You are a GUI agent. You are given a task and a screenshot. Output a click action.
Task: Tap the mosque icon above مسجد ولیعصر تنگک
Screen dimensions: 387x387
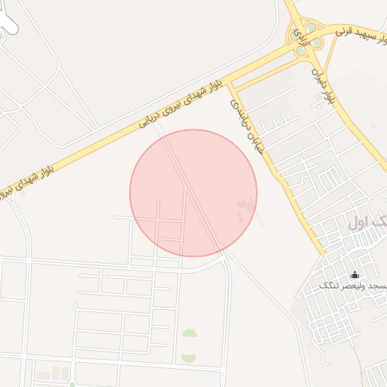[x=354, y=274]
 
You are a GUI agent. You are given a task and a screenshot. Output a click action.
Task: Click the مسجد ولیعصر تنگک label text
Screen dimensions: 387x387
[x=353, y=286]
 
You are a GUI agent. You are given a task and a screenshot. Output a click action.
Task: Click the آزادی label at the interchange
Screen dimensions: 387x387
[x=300, y=36]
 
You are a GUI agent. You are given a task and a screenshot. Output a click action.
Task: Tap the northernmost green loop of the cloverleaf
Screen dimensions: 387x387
[x=311, y=28]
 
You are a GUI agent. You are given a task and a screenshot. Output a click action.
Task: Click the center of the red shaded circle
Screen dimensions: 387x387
[x=193, y=193]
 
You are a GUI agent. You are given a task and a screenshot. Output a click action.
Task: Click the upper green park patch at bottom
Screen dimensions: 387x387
[x=189, y=333]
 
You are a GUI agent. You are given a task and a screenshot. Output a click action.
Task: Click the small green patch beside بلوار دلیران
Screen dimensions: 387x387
[x=320, y=105]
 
